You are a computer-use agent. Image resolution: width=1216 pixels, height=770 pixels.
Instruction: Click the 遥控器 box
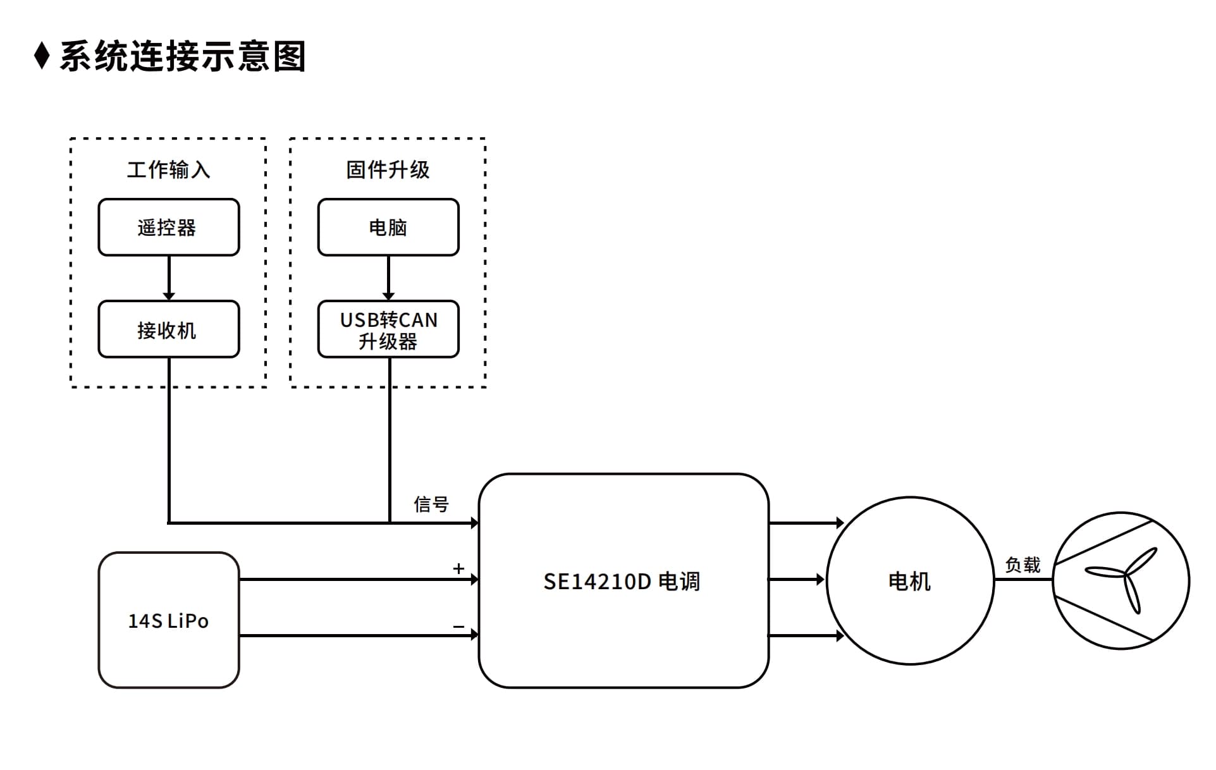(169, 227)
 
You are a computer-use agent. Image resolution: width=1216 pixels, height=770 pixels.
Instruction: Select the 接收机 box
(169, 329)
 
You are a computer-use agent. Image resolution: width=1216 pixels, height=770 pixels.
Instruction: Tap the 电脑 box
(388, 227)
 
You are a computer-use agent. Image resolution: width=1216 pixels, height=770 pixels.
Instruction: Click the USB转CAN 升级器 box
(388, 329)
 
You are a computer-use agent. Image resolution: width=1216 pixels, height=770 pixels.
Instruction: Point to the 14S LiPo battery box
(169, 620)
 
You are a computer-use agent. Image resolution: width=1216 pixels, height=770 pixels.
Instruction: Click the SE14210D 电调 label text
(622, 582)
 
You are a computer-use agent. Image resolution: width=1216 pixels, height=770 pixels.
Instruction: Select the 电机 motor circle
(910, 580)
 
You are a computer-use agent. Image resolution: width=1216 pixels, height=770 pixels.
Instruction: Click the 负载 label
(1023, 565)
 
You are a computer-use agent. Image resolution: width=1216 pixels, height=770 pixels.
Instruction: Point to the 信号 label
(431, 504)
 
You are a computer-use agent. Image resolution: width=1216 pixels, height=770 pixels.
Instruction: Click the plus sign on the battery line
(458, 568)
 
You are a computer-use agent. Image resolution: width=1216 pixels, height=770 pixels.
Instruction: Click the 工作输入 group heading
(168, 169)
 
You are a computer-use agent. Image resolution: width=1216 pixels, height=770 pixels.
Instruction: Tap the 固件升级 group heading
(388, 169)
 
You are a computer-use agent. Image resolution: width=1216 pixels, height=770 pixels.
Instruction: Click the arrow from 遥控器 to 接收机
(169, 278)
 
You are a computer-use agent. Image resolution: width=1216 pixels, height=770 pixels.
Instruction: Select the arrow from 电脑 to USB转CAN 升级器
(388, 278)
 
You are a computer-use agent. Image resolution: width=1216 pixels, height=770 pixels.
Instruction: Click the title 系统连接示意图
(183, 56)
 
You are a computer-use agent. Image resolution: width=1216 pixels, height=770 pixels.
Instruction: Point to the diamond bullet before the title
(42, 56)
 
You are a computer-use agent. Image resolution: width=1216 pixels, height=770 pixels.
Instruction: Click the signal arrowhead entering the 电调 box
(475, 523)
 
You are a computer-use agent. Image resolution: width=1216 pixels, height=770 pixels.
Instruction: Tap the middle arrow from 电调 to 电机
(797, 579)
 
